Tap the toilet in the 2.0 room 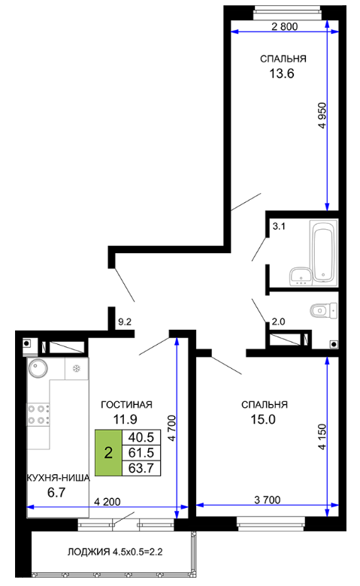(x=323, y=310)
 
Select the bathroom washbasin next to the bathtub (x=301, y=276)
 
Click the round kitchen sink (x=38, y=368)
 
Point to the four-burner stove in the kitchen (x=38, y=415)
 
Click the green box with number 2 (x=108, y=452)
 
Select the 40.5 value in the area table (x=141, y=437)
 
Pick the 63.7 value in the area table (x=141, y=468)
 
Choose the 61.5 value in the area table (x=141, y=452)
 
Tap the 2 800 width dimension (x=285, y=26)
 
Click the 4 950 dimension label (x=322, y=116)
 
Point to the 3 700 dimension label (x=268, y=500)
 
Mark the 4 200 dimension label (x=107, y=502)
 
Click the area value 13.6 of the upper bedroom (x=282, y=74)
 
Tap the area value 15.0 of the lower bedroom (x=263, y=419)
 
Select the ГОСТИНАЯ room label (x=127, y=405)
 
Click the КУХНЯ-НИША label (x=59, y=478)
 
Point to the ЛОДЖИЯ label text (x=89, y=552)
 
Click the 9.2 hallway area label (x=125, y=322)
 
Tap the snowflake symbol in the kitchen (x=76, y=369)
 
